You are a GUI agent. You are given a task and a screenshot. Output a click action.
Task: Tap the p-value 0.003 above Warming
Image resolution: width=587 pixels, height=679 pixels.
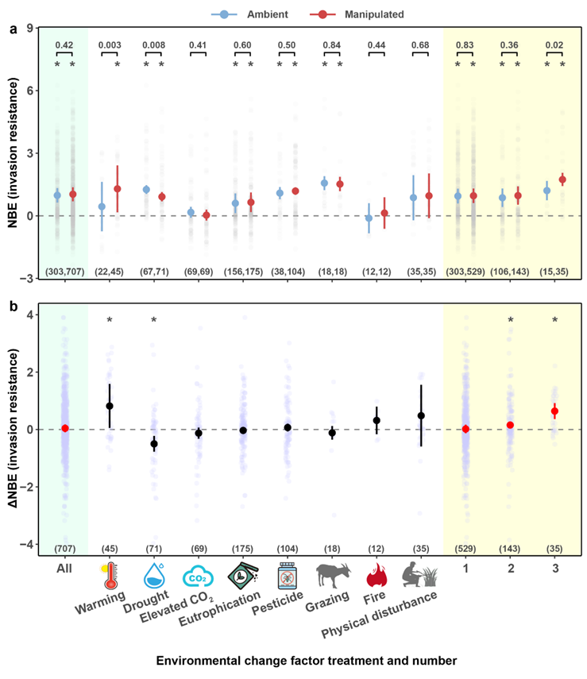tap(110, 44)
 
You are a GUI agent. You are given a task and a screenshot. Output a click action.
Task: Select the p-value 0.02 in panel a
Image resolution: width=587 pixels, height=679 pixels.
tap(554, 44)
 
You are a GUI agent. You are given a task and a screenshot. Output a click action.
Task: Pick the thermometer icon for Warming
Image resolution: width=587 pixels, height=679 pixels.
tap(109, 577)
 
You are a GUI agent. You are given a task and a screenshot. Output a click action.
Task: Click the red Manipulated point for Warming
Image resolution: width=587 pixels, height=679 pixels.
tap(118, 189)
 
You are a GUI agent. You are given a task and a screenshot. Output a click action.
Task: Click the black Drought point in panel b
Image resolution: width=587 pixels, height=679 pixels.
tap(154, 444)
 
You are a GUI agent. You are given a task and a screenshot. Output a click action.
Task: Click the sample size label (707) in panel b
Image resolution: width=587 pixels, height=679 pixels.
tap(65, 549)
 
